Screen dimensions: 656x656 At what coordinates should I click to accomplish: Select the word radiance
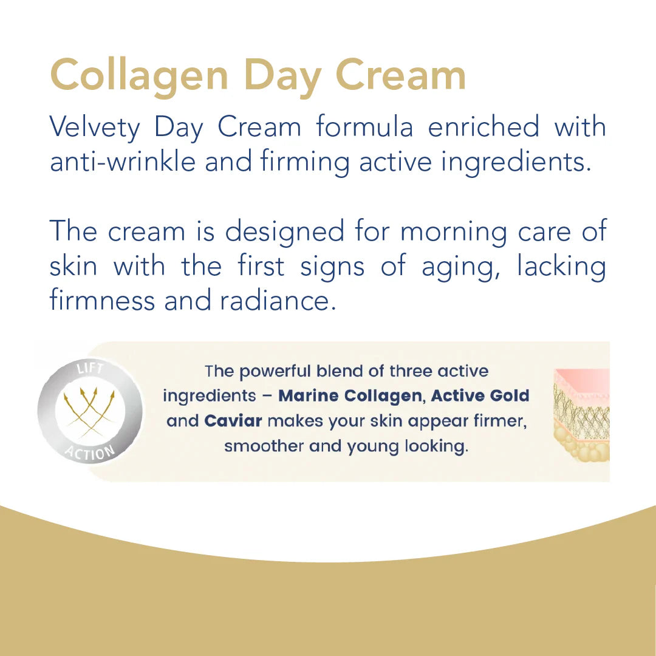point(280,301)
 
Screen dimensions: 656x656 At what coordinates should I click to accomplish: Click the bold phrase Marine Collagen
point(350,396)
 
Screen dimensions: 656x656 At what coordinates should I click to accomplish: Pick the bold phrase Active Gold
point(480,396)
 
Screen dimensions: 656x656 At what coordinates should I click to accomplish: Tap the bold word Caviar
point(233,421)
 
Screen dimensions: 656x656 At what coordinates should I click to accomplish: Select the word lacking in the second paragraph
point(561,267)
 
